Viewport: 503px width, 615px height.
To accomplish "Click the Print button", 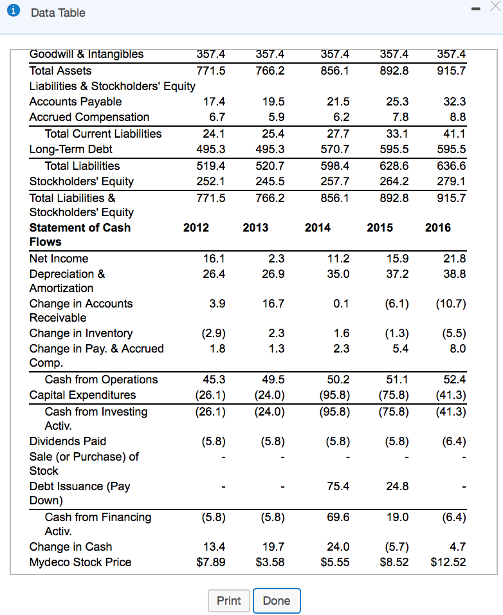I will click(228, 601).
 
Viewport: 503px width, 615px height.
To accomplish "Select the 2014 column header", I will click(318, 228).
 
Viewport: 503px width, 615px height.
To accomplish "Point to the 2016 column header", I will click(438, 228).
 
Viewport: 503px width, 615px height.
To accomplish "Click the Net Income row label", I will click(59, 259).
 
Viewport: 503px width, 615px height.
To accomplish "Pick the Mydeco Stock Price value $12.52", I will click(448, 562).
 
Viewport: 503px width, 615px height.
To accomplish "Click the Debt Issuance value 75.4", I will click(337, 486).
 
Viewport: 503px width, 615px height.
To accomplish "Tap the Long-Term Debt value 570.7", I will click(336, 149).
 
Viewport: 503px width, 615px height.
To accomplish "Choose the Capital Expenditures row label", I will click(83, 395).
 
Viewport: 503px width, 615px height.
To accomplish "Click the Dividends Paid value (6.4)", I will click(451, 441).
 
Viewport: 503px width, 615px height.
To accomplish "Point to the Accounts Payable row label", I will click(75, 102).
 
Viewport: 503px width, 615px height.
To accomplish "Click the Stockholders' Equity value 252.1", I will click(211, 181).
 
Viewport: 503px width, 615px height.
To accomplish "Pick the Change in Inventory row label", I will click(81, 333).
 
